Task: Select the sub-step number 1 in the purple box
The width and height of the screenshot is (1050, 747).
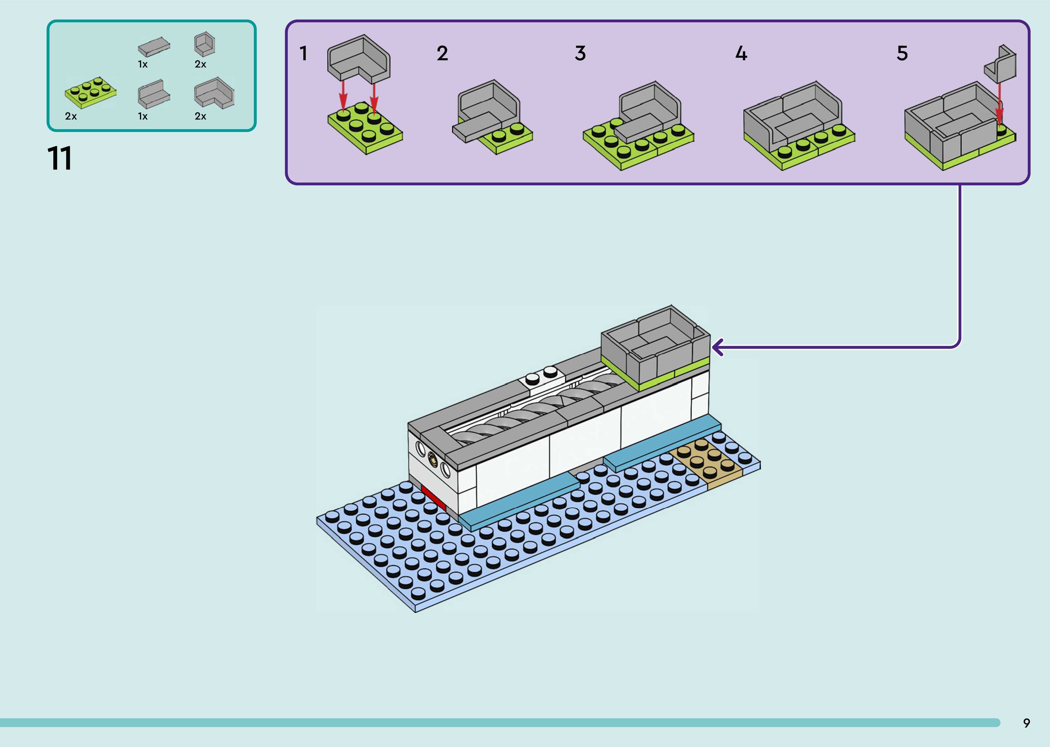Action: [x=304, y=53]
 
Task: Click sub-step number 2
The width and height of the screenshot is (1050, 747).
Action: [x=442, y=53]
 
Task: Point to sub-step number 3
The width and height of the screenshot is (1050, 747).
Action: [x=580, y=53]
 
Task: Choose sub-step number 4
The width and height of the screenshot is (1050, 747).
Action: [x=741, y=53]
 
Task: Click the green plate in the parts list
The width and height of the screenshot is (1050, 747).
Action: [x=91, y=92]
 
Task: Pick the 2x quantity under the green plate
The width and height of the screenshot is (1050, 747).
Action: [x=71, y=116]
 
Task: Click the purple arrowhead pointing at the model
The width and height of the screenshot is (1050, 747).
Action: [x=717, y=347]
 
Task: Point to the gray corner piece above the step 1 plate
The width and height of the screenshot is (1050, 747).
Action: [x=359, y=58]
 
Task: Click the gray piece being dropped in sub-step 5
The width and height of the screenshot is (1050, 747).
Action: [x=1001, y=65]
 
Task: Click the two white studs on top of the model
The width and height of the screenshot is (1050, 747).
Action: [x=541, y=375]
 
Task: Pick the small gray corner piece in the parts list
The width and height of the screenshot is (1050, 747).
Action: [x=204, y=44]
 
